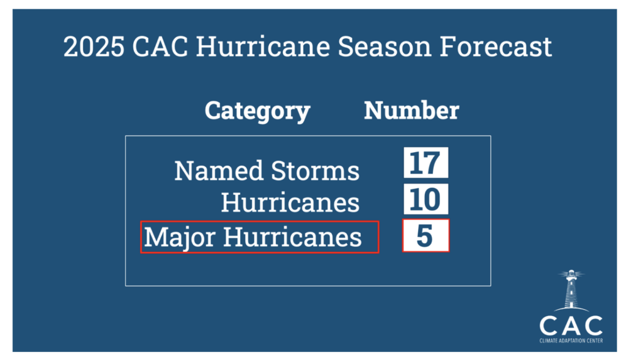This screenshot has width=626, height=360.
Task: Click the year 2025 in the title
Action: (94, 47)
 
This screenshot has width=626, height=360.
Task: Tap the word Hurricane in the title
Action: (263, 46)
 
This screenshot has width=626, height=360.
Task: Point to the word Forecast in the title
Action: (496, 46)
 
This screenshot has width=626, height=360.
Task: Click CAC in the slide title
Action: (160, 46)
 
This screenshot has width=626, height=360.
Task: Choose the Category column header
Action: (257, 111)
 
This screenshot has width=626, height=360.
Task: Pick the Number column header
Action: (411, 111)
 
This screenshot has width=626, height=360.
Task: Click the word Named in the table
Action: (219, 171)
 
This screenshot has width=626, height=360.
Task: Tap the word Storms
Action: (315, 171)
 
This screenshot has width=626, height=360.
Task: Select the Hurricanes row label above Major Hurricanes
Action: (290, 202)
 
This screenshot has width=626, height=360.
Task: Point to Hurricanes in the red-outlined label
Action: (292, 237)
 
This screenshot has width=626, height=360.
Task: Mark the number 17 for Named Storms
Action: (425, 163)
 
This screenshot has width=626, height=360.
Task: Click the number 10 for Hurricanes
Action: (425, 199)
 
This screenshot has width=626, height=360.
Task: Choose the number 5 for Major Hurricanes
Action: (425, 236)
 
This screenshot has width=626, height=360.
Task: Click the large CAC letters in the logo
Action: (571, 326)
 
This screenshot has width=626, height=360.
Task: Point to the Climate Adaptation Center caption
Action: (571, 341)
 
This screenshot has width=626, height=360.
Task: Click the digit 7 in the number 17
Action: (432, 163)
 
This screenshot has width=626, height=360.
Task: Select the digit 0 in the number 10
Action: (432, 199)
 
